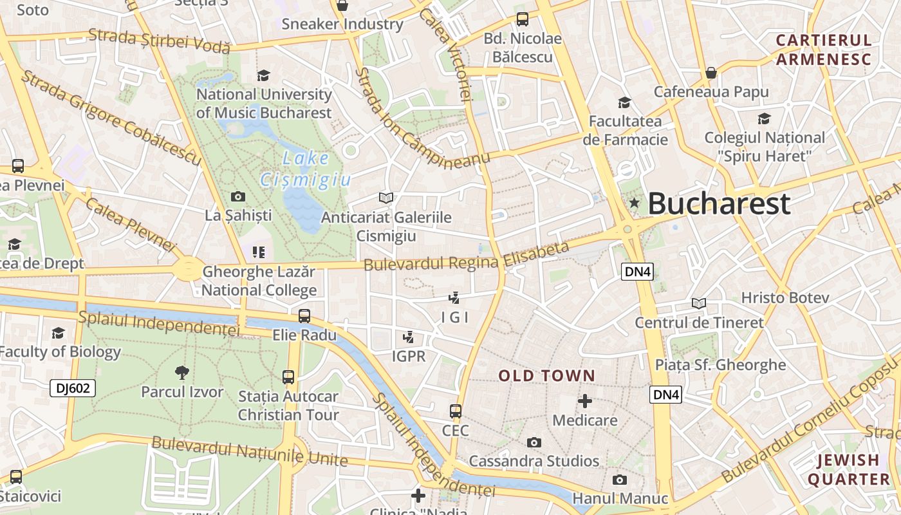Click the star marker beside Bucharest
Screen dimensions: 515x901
coord(634,203)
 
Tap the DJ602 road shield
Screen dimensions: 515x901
coord(73,388)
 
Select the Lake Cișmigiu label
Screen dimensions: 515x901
coord(306,169)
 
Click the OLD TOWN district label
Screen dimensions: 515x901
coord(547,375)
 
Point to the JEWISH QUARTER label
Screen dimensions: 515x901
coord(849,470)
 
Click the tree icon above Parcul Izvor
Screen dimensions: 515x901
coord(182,371)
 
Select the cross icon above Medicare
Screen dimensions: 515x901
coord(585,401)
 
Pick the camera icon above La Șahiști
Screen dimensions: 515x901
coord(237,196)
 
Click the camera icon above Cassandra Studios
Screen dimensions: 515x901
coord(534,442)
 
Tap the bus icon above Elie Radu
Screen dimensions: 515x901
coord(304,316)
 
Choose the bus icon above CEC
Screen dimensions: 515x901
coord(456,411)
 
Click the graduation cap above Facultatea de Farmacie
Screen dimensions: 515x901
coord(624,102)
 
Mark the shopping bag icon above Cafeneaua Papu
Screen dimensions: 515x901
coord(711,73)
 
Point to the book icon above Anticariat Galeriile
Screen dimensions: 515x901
coord(386,198)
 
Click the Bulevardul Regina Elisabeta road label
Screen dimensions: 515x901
coord(467,257)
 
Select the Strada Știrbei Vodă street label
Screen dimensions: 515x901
coord(159,40)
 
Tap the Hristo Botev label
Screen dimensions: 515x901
coord(785,298)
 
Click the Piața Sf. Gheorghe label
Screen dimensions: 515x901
coord(720,365)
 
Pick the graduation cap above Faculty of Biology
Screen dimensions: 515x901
coord(59,333)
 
